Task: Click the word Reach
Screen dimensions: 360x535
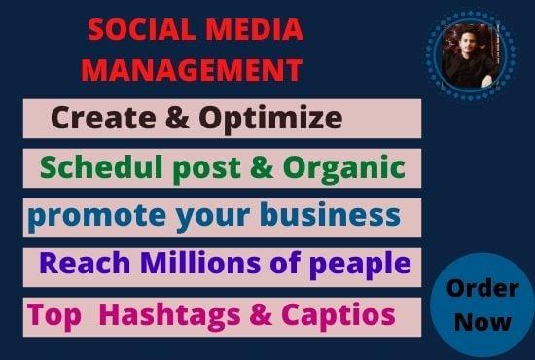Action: click(77, 263)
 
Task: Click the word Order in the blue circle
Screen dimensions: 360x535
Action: click(481, 290)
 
